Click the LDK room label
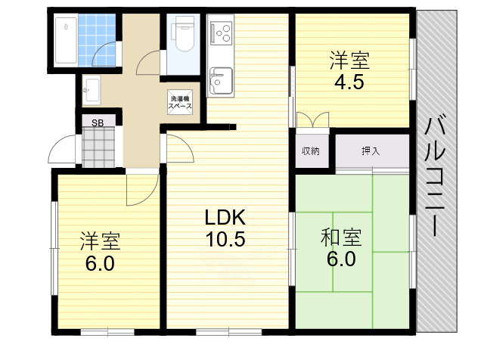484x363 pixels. [x=225, y=217]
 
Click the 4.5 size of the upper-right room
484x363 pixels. [x=349, y=81]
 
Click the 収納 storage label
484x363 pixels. [x=311, y=150]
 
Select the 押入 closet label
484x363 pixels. [x=371, y=150]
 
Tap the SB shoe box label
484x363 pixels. [x=98, y=122]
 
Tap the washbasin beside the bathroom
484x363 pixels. [x=91, y=89]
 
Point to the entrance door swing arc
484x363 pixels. [x=60, y=152]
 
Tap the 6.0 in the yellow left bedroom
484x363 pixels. [x=100, y=264]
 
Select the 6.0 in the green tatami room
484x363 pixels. [x=341, y=259]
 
